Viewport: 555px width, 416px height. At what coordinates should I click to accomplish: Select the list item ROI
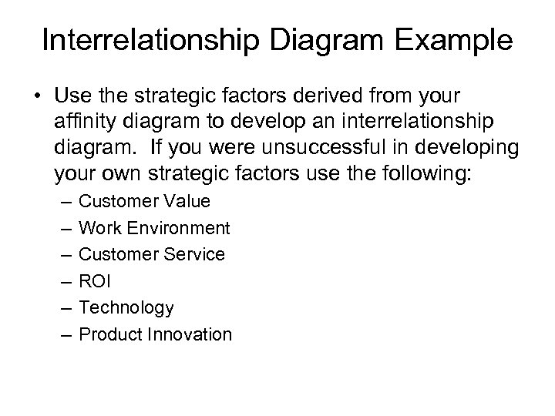pos(96,281)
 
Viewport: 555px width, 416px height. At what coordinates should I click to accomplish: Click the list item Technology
pos(126,308)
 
